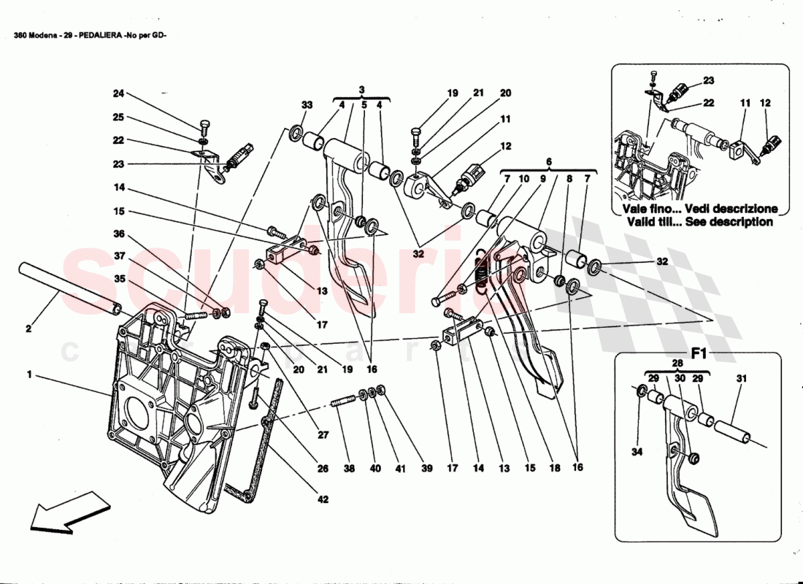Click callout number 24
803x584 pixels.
click(x=119, y=93)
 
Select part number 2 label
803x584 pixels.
click(x=28, y=329)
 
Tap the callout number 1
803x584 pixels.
click(x=29, y=375)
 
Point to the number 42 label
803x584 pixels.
click(x=322, y=500)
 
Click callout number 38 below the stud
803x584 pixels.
click(x=350, y=470)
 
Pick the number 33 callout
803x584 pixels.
click(x=307, y=105)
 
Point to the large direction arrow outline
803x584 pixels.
click(x=69, y=510)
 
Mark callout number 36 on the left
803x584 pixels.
click(x=119, y=234)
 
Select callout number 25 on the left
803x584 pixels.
click(x=119, y=117)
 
